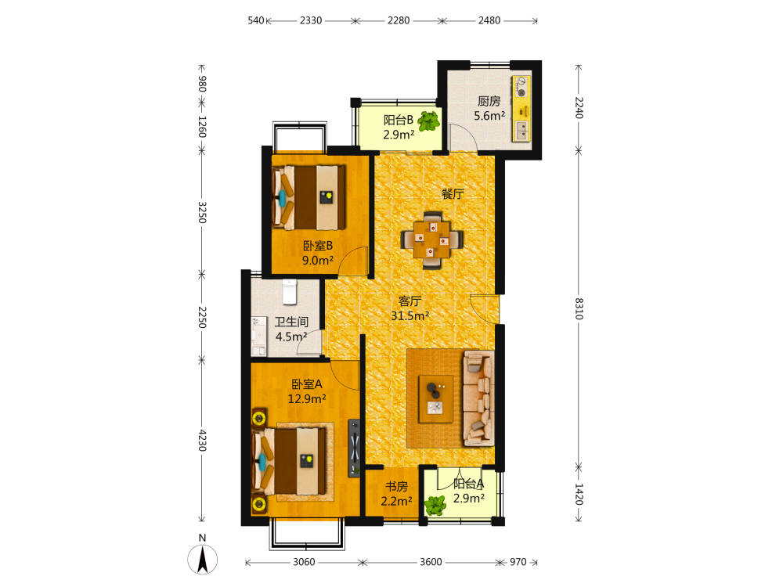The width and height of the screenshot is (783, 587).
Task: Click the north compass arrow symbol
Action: tap(202, 559)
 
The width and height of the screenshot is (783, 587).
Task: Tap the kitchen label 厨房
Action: tap(489, 101)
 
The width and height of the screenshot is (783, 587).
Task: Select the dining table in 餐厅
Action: tap(432, 240)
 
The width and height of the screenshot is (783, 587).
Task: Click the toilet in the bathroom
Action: tap(289, 292)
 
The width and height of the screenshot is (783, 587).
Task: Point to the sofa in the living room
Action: tap(478, 398)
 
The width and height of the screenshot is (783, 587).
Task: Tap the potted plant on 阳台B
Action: tap(428, 121)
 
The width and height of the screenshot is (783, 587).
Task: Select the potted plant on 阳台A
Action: tap(435, 506)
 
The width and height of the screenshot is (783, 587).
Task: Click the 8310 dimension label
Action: tap(579, 308)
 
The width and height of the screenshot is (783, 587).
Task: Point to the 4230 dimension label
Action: tap(202, 440)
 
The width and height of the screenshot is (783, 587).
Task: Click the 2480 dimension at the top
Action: tap(489, 20)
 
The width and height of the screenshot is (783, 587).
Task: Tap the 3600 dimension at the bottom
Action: tap(431, 562)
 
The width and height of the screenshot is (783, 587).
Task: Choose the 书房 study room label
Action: tap(396, 486)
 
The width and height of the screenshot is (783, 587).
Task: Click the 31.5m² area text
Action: tap(410, 315)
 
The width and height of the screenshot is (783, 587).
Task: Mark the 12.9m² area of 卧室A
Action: tap(307, 399)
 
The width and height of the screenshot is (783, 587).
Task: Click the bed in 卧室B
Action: tap(309, 198)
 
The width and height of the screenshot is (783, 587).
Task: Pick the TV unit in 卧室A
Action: tap(354, 448)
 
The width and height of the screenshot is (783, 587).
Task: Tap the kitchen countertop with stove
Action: tap(521, 109)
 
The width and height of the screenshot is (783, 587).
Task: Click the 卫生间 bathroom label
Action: tap(291, 322)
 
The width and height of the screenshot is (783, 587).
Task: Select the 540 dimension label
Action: tap(256, 20)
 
